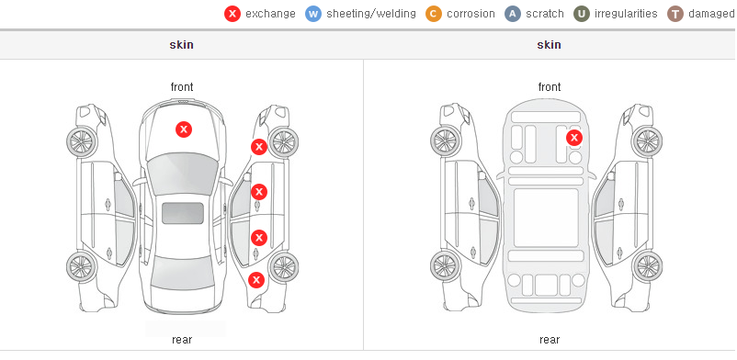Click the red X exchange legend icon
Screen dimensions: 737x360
coord(232,14)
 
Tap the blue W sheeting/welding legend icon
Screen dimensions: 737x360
coord(313,14)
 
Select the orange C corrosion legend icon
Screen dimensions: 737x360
coord(434,14)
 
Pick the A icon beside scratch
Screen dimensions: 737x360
coord(513,14)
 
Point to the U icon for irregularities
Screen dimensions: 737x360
coord(582,14)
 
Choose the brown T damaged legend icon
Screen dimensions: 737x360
coord(675,14)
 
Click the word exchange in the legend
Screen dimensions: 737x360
coord(270,14)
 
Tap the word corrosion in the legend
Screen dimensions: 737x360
coord(471,14)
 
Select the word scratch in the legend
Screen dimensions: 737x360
coord(545,14)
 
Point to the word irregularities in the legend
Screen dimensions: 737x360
coord(626,14)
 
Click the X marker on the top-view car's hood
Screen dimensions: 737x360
coord(184,129)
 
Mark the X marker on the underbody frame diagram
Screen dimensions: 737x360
coord(574,138)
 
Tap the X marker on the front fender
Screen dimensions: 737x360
coord(259,147)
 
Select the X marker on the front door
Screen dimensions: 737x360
coord(259,192)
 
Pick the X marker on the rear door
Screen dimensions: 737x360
coord(259,238)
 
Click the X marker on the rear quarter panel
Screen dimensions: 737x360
coord(256,281)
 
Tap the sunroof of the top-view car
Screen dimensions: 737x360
coord(183,213)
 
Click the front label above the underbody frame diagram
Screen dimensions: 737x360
coord(550,87)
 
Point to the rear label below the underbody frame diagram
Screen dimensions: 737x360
coord(550,340)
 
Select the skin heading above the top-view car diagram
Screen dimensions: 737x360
coord(181,45)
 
